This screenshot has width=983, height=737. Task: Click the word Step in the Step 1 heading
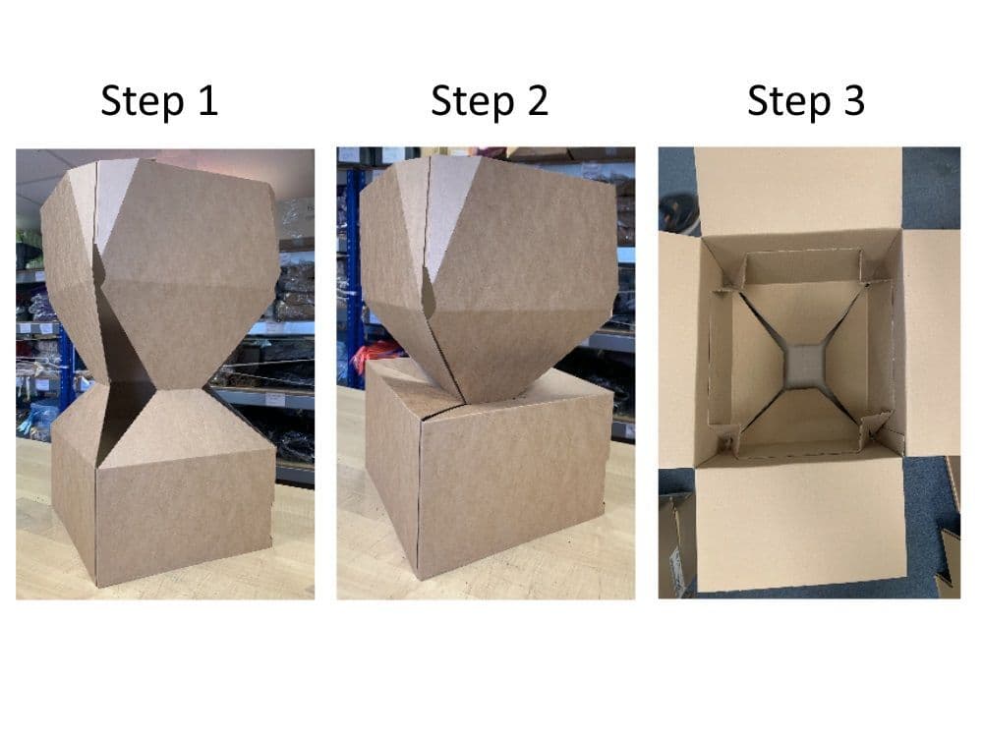click(143, 101)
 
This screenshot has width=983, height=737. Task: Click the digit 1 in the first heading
click(208, 99)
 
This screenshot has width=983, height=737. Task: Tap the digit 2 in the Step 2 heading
click(538, 99)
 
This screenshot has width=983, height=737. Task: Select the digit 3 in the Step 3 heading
click(854, 99)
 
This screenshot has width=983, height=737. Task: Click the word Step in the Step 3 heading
click(788, 101)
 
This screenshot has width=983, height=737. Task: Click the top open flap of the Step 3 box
click(797, 191)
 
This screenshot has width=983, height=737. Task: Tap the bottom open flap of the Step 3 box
click(801, 524)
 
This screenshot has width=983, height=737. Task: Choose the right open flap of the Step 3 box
click(932, 343)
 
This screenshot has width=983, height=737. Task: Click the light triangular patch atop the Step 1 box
click(115, 198)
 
